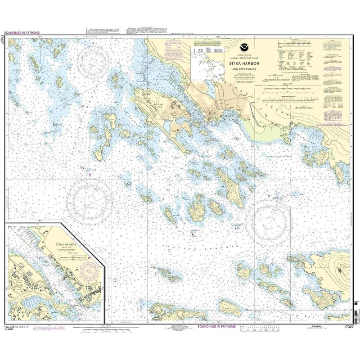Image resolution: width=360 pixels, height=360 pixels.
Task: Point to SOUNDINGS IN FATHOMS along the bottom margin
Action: pyautogui.click(x=215, y=327)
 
